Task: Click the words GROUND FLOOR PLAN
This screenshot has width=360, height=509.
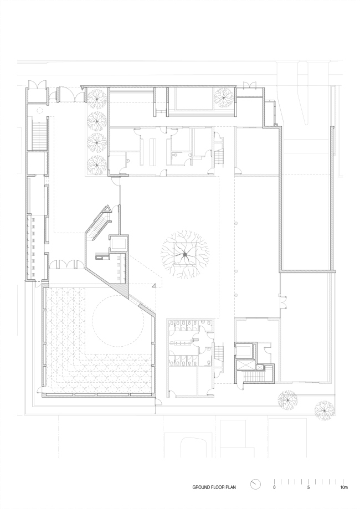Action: (214, 487)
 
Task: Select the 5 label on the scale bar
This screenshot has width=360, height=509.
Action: (308, 488)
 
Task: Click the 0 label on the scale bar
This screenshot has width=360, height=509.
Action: (274, 488)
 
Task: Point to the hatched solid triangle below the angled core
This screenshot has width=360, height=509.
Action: (122, 288)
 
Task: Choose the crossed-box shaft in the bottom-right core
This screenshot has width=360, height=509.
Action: (244, 350)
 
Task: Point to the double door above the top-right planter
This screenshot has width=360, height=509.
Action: (250, 85)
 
